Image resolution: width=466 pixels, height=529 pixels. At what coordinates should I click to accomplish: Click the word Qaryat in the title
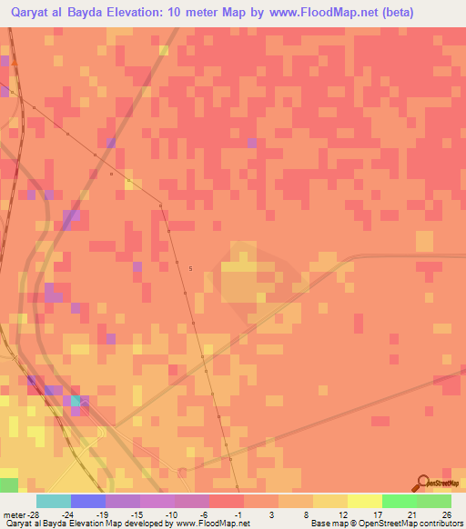point(34,13)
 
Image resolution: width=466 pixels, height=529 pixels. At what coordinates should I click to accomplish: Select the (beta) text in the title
point(389,13)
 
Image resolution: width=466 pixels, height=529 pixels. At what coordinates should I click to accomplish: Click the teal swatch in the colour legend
point(53,501)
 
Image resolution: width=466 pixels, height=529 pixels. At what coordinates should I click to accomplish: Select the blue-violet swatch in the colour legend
point(87,501)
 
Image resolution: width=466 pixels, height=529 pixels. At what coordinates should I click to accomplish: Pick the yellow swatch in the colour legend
point(364,501)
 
